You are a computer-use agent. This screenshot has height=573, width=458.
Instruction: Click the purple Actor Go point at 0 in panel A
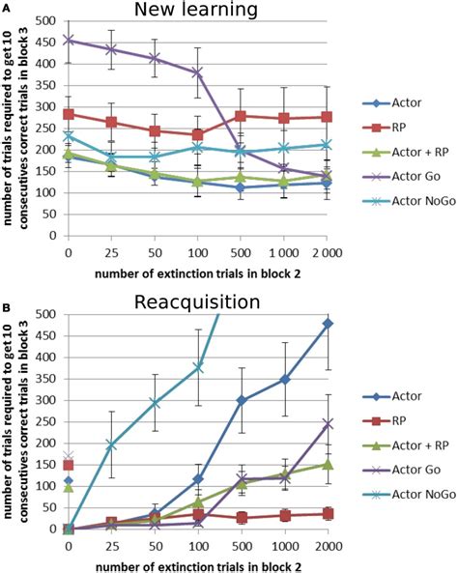tap(68, 41)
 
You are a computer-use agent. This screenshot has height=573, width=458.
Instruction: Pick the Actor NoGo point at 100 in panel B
tap(198, 366)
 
